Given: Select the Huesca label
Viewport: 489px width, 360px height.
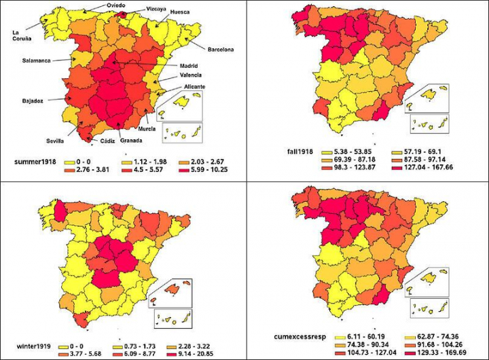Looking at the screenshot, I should [x=180, y=12].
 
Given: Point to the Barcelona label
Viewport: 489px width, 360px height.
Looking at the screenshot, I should [x=220, y=49].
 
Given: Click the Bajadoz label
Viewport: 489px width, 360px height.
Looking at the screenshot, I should [x=33, y=101].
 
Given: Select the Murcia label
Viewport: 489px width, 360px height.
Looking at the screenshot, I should [x=147, y=128].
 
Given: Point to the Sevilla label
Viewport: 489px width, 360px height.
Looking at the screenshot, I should [x=56, y=141].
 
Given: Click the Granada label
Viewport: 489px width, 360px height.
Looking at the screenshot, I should [x=131, y=141].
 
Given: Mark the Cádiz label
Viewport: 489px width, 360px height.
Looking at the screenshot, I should [x=107, y=141].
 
